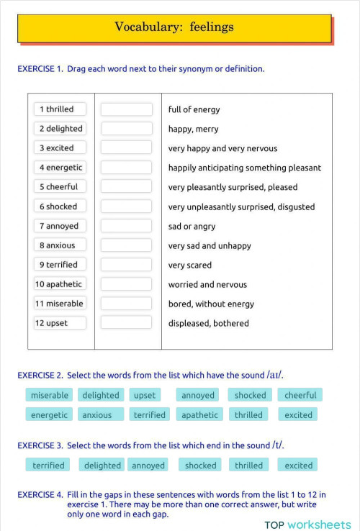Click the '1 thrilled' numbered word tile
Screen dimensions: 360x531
click(x=59, y=109)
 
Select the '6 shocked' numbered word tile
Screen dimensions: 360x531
click(x=59, y=206)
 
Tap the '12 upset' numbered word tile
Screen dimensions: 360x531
click(x=59, y=323)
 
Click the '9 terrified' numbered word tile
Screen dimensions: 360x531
click(x=59, y=265)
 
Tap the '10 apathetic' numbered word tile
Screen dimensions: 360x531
click(x=59, y=284)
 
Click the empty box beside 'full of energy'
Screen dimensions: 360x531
click(x=126, y=109)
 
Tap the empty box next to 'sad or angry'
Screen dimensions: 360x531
click(x=126, y=226)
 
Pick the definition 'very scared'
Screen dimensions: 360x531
click(x=190, y=265)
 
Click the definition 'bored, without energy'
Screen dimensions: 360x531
click(x=211, y=304)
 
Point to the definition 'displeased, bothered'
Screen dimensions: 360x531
click(x=209, y=323)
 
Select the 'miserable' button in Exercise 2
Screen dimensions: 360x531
click(x=50, y=395)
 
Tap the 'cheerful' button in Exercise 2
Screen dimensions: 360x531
click(x=300, y=395)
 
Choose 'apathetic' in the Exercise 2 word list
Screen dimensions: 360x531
click(x=199, y=415)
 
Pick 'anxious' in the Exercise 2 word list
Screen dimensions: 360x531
click(x=97, y=415)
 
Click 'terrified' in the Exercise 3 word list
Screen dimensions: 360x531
click(x=48, y=466)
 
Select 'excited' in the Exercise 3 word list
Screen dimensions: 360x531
click(x=298, y=466)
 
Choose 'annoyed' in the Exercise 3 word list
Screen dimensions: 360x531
click(x=148, y=466)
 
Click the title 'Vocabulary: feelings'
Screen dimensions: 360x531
click(x=174, y=27)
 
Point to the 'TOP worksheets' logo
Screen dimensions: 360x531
click(x=307, y=525)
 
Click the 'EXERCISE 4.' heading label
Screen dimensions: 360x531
click(x=40, y=495)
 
